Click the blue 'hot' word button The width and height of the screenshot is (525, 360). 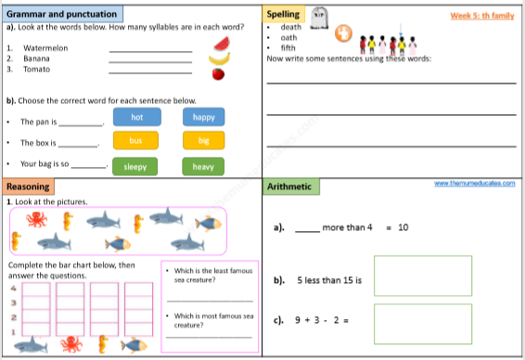coord(136,117)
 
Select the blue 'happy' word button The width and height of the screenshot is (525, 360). coord(203,117)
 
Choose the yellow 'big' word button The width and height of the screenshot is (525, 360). coord(203,140)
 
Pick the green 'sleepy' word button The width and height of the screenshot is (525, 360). coord(136,167)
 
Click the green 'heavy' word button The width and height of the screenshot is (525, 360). coord(203,167)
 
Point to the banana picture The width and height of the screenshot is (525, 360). coord(219,58)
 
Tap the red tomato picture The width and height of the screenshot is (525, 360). coord(218,74)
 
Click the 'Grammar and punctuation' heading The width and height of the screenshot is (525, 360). coord(62,15)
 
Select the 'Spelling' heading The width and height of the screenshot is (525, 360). coord(282,15)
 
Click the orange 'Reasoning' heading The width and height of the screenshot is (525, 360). coord(29,186)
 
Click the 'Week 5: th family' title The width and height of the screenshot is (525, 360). coord(481,15)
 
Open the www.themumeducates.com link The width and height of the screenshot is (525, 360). coord(474,184)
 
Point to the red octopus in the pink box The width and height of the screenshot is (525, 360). coord(36,220)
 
